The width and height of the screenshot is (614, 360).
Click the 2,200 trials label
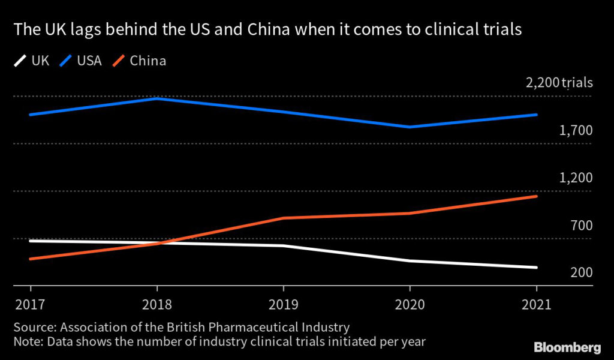coord(559,83)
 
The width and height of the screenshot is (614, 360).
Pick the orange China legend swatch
coord(120,61)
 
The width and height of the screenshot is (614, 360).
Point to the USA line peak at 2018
coord(157,98)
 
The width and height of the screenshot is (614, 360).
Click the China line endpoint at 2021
coord(536,196)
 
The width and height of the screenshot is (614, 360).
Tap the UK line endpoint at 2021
coord(536,268)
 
